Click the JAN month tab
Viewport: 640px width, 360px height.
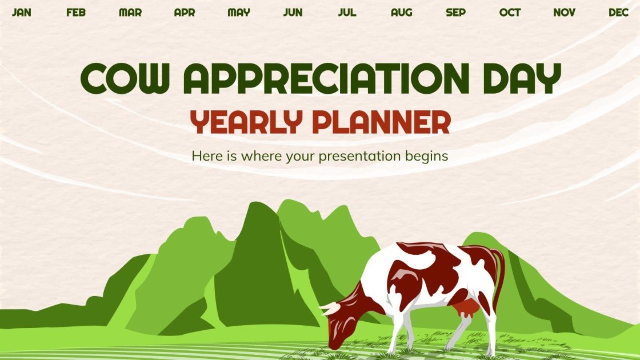pos(22,13)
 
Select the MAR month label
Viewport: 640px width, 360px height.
pos(130,13)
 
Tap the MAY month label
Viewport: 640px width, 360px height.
pos(239,13)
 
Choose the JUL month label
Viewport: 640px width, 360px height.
pos(347,13)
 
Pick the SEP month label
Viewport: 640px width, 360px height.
pos(455,13)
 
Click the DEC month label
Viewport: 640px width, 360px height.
pos(618,13)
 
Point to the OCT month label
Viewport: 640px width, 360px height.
pos(510,13)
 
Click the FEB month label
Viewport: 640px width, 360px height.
pos(76,13)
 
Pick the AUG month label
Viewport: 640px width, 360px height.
pos(401,13)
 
